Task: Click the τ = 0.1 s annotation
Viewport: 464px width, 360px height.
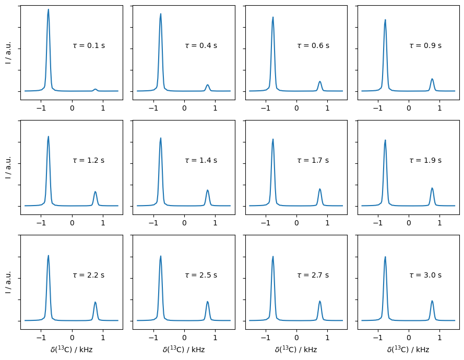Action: pos(89,46)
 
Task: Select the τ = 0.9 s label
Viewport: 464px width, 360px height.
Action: pos(425,46)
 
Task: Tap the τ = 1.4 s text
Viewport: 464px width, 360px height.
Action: pos(201,161)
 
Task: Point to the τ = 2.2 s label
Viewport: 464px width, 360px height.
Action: pos(89,275)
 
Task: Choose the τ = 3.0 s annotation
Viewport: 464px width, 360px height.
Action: pos(425,275)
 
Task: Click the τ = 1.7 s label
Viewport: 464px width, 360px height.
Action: pos(313,161)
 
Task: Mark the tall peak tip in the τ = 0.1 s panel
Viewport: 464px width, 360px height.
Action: pos(49,9)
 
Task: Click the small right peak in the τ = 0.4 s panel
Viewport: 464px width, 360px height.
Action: pos(208,85)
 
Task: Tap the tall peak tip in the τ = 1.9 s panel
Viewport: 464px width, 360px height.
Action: pos(385,140)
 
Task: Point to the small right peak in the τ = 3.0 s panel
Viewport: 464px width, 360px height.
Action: pos(432,301)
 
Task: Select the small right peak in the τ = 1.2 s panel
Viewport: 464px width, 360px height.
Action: pos(96,192)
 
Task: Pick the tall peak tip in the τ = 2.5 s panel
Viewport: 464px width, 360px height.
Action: pos(161,256)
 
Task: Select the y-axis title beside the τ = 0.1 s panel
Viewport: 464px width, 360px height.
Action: pos(8,52)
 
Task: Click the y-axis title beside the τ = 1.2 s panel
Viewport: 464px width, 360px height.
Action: pos(8,167)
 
